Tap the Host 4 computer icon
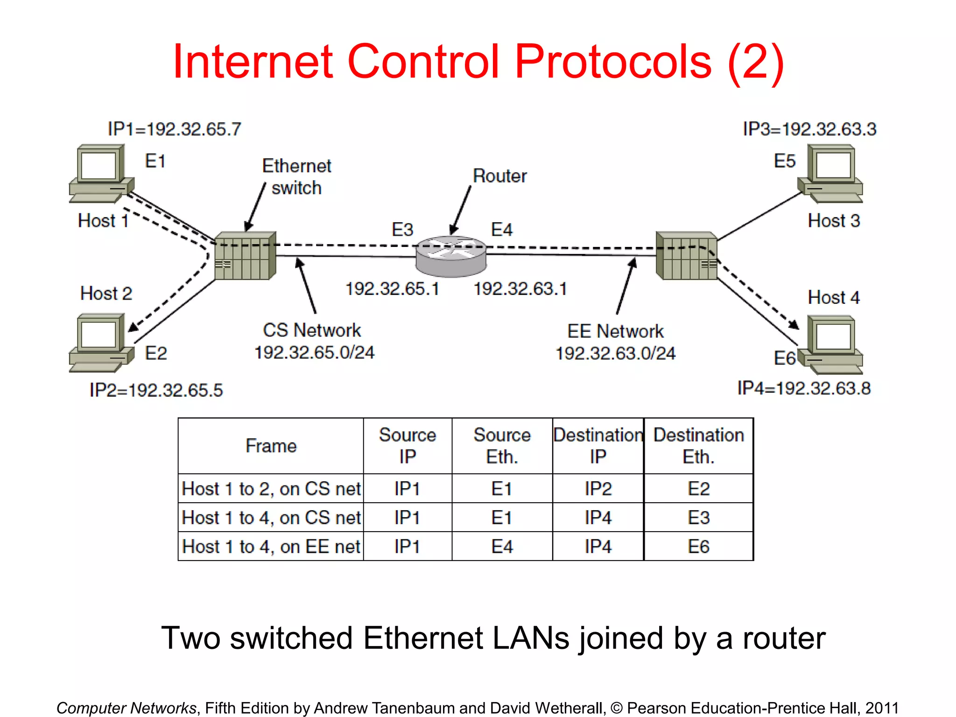tap(831, 345)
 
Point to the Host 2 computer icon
tap(101, 343)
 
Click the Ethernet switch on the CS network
tap(245, 255)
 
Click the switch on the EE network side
tap(686, 255)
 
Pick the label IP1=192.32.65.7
tap(174, 129)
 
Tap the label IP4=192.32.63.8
tap(804, 388)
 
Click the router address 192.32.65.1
tap(392, 289)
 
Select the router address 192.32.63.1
tap(520, 289)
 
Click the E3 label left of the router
tap(402, 230)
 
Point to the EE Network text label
tap(615, 331)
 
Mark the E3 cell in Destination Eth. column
tap(698, 518)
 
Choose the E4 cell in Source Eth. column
tap(502, 547)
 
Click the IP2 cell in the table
tap(598, 489)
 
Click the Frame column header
tap(271, 446)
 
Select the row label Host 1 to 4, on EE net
tap(271, 547)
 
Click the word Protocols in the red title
tap(613, 62)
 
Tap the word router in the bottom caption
tap(784, 638)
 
